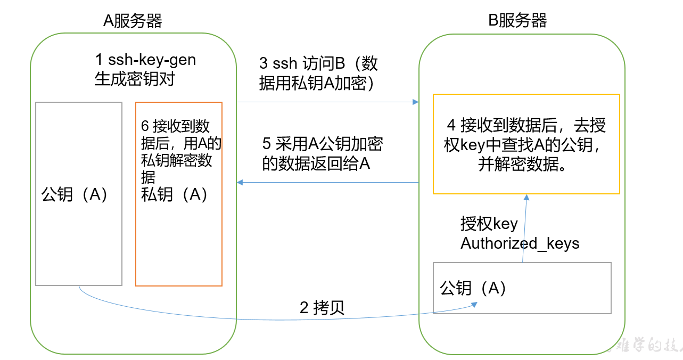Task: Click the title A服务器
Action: (133, 21)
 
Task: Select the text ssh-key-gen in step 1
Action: (152, 60)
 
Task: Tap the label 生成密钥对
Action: (135, 79)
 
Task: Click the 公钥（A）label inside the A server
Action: (75, 195)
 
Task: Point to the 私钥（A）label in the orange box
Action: (174, 194)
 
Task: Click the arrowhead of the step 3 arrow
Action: (415, 102)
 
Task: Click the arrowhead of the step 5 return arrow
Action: (240, 183)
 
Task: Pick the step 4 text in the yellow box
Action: (526, 126)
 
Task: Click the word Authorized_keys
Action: (520, 243)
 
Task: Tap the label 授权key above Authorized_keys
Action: (489, 224)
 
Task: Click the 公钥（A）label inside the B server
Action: (473, 288)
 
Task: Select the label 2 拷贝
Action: (323, 307)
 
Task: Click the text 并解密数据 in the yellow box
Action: (521, 165)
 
